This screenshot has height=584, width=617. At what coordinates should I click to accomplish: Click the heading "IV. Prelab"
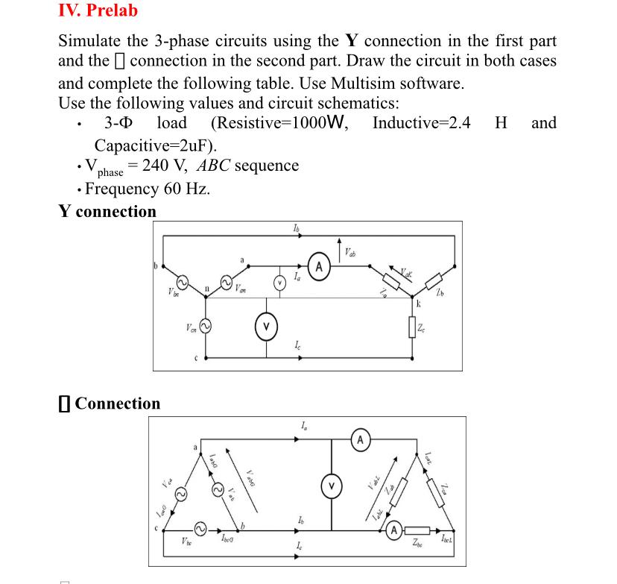pyautogui.click(x=98, y=10)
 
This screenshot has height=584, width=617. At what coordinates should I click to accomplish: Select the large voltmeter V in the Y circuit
pyautogui.click(x=267, y=326)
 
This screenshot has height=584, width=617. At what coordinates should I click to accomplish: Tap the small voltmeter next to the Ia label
pyautogui.click(x=279, y=281)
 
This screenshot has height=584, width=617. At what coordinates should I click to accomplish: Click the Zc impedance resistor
pyautogui.click(x=413, y=326)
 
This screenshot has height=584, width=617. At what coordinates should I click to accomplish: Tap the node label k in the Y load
pyautogui.click(x=419, y=304)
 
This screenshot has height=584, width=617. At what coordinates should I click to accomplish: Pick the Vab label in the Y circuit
pyautogui.click(x=349, y=252)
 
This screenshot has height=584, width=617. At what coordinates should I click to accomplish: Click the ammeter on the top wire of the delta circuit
pyautogui.click(x=361, y=439)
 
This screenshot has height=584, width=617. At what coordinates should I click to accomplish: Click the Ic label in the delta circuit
pyautogui.click(x=299, y=549)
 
